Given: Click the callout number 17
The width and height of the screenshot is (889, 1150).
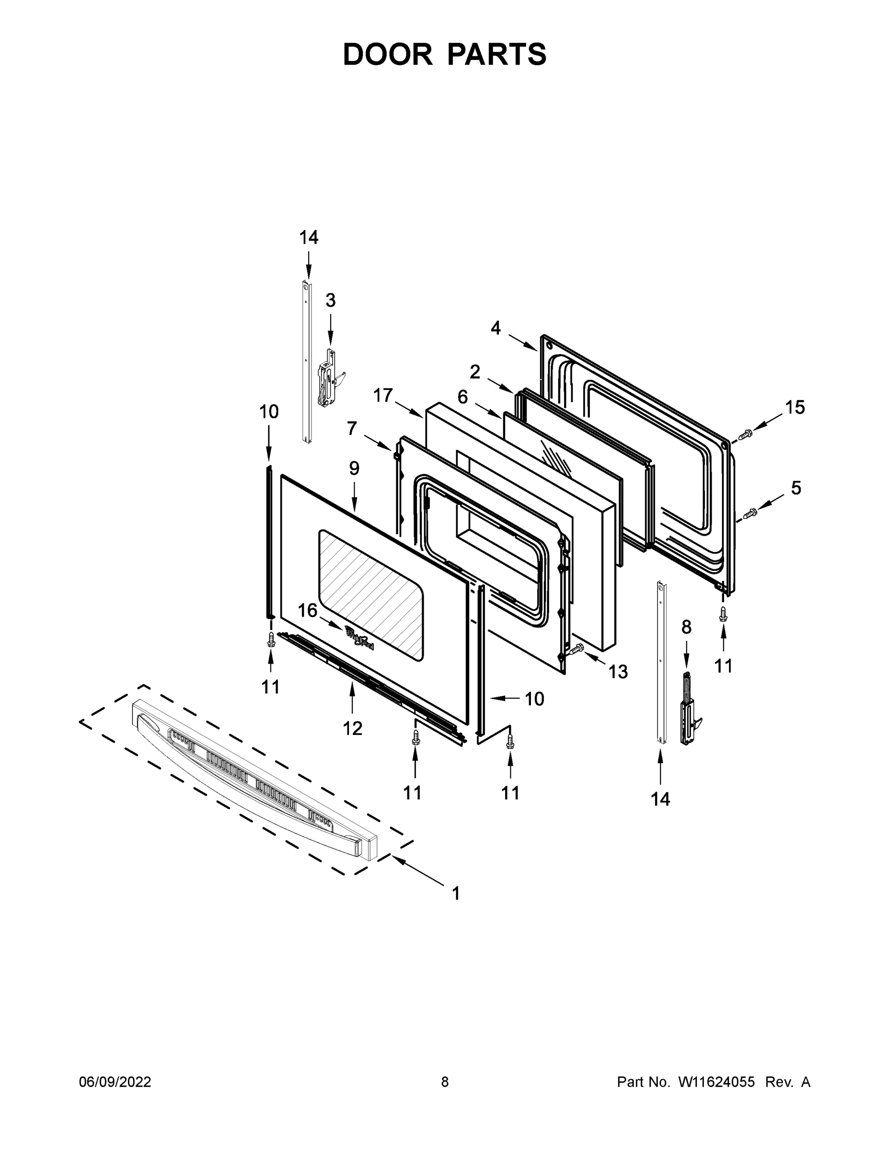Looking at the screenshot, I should coord(383,395).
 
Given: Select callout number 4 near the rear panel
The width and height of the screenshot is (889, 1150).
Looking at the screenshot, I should coord(496,328).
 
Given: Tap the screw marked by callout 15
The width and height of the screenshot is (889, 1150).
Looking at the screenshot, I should coord(745,435).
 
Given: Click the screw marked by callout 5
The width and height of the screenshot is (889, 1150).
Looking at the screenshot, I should coord(750,512).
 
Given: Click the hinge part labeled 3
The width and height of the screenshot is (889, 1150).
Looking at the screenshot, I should coord(328,377).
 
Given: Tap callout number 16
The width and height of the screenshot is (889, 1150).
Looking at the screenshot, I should coord(308,610).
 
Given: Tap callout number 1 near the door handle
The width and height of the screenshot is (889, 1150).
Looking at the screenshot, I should coord(456,893).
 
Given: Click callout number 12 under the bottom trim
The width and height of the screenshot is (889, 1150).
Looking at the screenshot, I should coord(352,728).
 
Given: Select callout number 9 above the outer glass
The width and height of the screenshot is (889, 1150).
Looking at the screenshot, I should coord(354,468).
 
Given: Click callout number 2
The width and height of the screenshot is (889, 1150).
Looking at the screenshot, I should coord(474,372).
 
